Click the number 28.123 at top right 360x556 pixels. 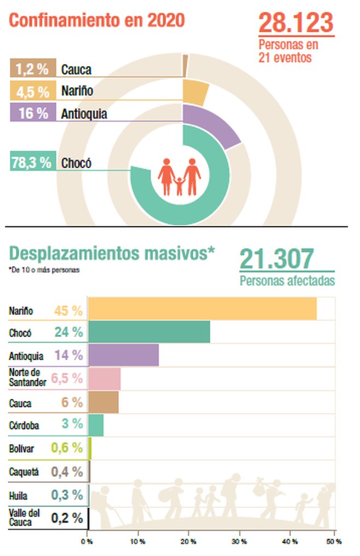click(x=295, y=22)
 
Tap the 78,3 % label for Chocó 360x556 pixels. click(x=32, y=163)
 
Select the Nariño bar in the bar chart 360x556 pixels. click(x=202, y=308)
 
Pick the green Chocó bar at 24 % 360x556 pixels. click(x=148, y=332)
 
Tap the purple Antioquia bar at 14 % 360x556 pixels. click(x=123, y=355)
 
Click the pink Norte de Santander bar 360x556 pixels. click(x=104, y=379)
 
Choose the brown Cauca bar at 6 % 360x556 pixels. click(x=103, y=402)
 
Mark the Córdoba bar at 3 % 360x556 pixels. click(x=95, y=425)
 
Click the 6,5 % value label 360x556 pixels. click(x=67, y=378)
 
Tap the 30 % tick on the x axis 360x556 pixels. click(x=239, y=541)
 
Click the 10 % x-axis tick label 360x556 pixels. click(x=138, y=541)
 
